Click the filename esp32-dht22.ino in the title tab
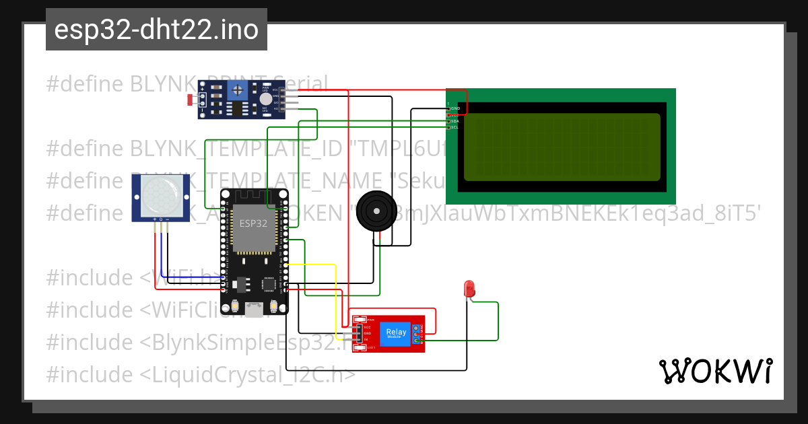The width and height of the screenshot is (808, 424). tap(156, 30)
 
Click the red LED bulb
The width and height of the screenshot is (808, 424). tap(469, 289)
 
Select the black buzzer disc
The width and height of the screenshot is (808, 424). tap(373, 211)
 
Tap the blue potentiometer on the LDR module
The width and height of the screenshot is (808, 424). tap(236, 90)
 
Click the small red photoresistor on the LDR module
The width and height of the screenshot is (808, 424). tap(191, 100)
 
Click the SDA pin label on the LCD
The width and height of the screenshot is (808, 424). tap(454, 121)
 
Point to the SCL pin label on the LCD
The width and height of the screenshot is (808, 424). tap(454, 127)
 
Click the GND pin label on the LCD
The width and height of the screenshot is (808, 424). tap(456, 108)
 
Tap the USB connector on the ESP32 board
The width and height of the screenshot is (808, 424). tap(255, 310)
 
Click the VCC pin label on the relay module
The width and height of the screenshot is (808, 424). tap(368, 327)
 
